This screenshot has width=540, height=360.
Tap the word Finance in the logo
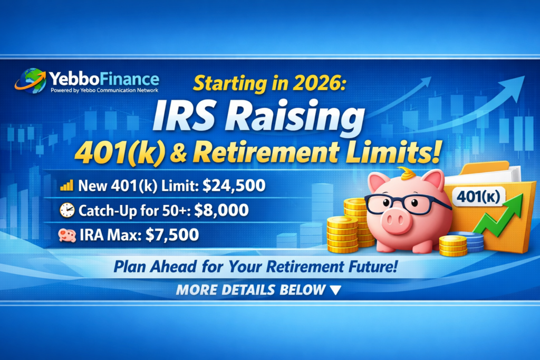tap(130, 79)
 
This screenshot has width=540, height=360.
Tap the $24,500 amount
tap(234, 186)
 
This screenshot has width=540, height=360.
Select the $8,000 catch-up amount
tap(221, 210)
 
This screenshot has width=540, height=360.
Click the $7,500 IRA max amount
tap(172, 235)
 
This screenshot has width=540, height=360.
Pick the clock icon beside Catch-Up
tap(67, 210)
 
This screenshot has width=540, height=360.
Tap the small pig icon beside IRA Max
tap(67, 236)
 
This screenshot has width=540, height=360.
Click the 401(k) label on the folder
tap(478, 197)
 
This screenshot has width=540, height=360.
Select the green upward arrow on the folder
tap(499, 216)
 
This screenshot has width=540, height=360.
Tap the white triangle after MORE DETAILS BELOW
tap(335, 290)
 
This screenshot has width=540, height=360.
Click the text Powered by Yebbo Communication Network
tap(104, 91)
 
